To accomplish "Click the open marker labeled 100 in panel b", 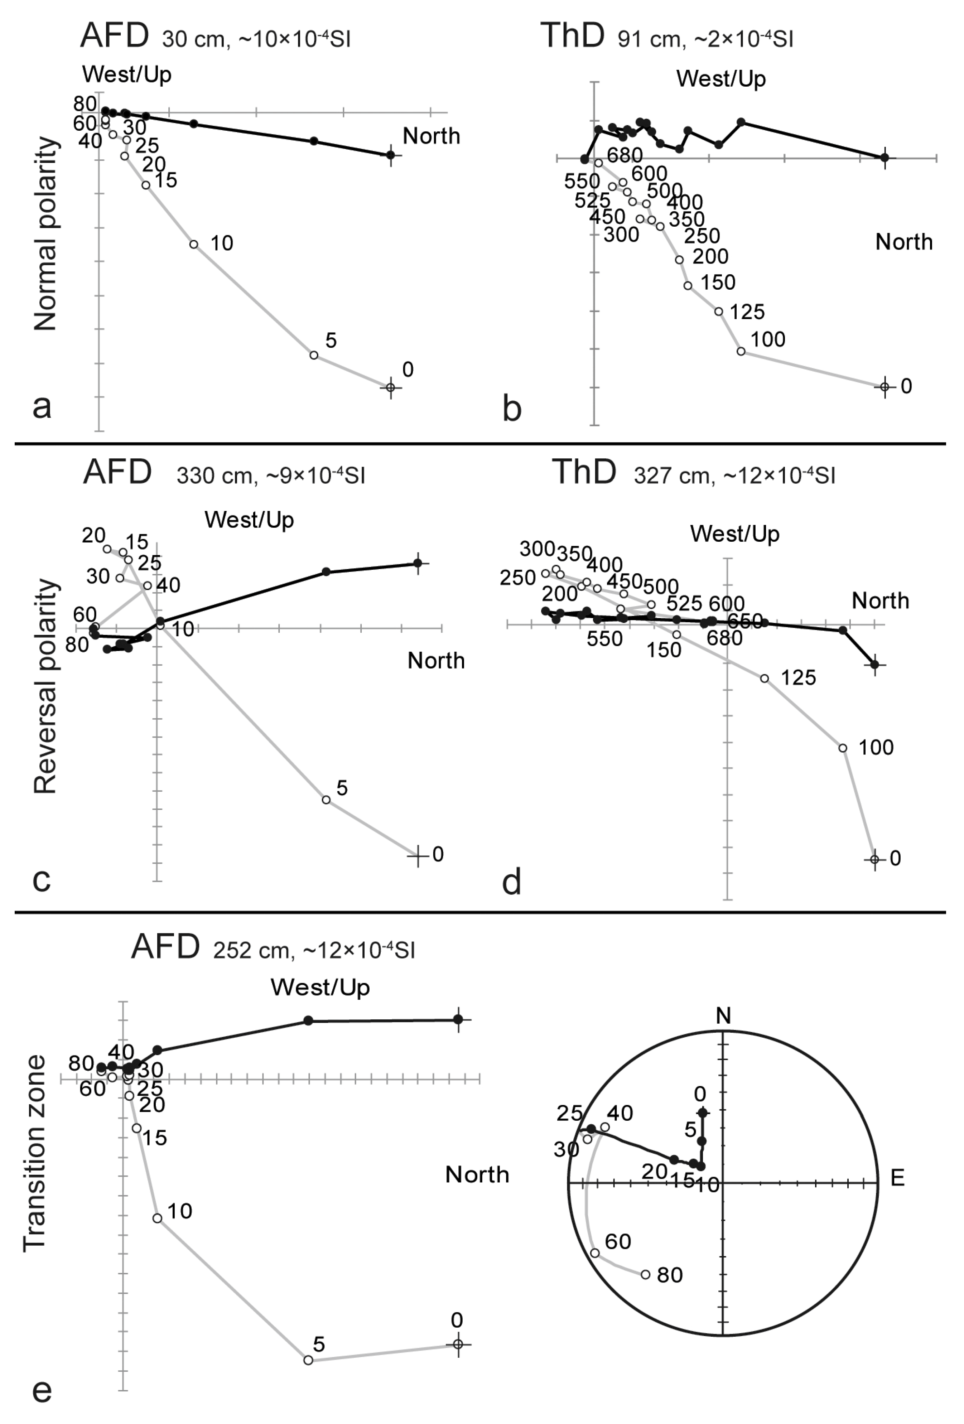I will point(741,351).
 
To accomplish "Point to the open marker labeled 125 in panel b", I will point(719,311).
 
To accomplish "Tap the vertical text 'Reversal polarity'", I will point(45,686).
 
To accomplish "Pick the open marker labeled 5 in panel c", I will point(326,800).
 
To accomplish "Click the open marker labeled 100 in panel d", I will point(843,748).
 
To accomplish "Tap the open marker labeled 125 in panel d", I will point(764,678).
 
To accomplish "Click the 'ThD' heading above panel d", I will point(584,472).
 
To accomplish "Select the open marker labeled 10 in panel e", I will point(157,1218).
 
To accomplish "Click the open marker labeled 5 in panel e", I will point(308,1360).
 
